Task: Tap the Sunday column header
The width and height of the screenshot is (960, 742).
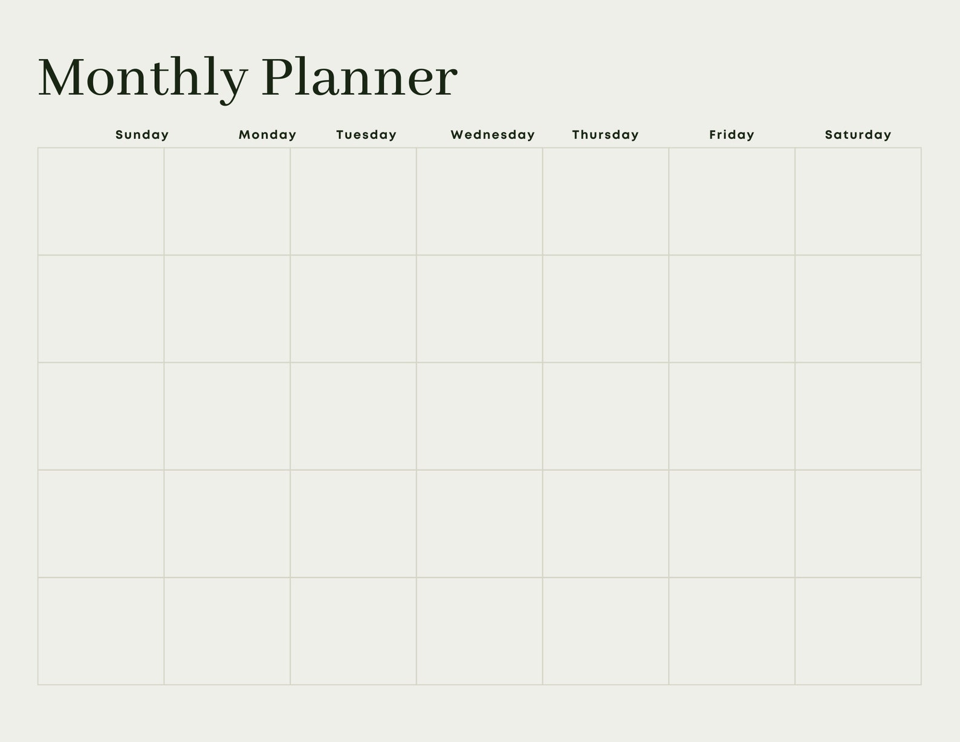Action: pyautogui.click(x=142, y=135)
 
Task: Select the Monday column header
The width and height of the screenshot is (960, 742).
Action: pyautogui.click(x=267, y=135)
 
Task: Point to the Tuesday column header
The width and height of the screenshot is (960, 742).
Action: pyautogui.click(x=366, y=135)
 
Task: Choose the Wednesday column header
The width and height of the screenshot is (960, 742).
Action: pyautogui.click(x=493, y=135)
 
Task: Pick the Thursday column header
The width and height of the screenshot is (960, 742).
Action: pyautogui.click(x=605, y=135)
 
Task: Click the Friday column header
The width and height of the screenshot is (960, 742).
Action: pyautogui.click(x=731, y=135)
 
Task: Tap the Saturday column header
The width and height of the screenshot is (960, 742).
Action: pyautogui.click(x=858, y=135)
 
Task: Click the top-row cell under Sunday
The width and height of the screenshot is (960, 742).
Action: pyautogui.click(x=101, y=201)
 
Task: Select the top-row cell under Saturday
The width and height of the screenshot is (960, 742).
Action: pyautogui.click(x=858, y=201)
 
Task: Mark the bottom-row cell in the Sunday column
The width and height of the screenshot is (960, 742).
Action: pyautogui.click(x=101, y=631)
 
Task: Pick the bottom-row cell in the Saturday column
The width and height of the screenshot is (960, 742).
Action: pyautogui.click(x=858, y=631)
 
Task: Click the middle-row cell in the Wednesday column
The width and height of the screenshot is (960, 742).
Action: pyautogui.click(x=479, y=416)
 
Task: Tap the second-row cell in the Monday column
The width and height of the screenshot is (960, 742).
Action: pyautogui.click(x=227, y=308)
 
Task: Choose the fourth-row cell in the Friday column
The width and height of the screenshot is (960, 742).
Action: pyautogui.click(x=731, y=524)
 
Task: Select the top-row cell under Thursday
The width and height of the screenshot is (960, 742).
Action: pyautogui.click(x=605, y=201)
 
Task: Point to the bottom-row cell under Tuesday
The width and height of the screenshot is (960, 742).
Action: pyautogui.click(x=353, y=631)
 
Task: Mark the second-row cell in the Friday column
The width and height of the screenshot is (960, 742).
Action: pyautogui.click(x=731, y=308)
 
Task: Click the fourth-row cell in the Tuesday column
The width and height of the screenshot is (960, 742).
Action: pyautogui.click(x=353, y=524)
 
